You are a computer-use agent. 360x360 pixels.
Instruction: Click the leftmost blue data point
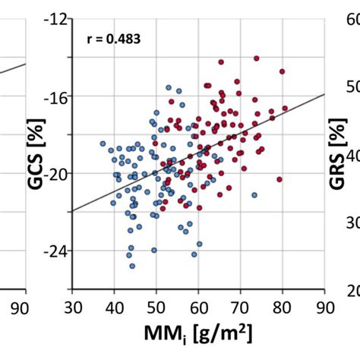[103, 143]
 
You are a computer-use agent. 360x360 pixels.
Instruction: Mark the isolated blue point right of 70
[254, 194]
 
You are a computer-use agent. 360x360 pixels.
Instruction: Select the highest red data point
[256, 58]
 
